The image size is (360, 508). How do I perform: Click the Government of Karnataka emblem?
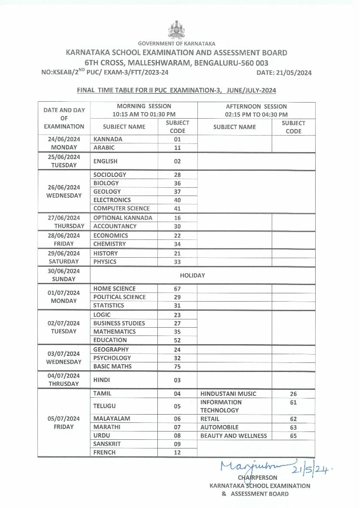click(x=177, y=30)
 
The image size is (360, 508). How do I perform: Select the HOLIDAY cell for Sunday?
click(x=192, y=276)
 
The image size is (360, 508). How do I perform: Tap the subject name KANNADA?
click(x=108, y=139)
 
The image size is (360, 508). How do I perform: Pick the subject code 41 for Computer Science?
click(x=177, y=209)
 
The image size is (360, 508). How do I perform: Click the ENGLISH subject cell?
click(x=105, y=161)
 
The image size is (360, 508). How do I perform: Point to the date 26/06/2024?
click(x=64, y=187)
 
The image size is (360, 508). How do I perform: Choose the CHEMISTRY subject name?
click(x=110, y=244)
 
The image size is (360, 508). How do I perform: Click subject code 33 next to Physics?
click(x=177, y=262)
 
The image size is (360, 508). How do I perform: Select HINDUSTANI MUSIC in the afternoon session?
click(x=228, y=394)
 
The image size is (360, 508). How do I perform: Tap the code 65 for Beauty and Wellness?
click(x=293, y=436)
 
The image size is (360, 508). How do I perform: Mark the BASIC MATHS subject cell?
click(x=112, y=366)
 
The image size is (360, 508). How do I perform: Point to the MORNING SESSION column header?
click(x=144, y=106)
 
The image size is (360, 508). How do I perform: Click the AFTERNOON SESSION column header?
click(x=256, y=106)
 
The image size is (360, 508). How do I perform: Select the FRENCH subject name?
click(x=104, y=452)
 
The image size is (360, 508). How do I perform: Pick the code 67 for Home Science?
click(x=177, y=289)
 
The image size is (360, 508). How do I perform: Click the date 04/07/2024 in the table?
click(x=64, y=375)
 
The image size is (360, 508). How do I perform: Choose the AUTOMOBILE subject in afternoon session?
click(x=219, y=427)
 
